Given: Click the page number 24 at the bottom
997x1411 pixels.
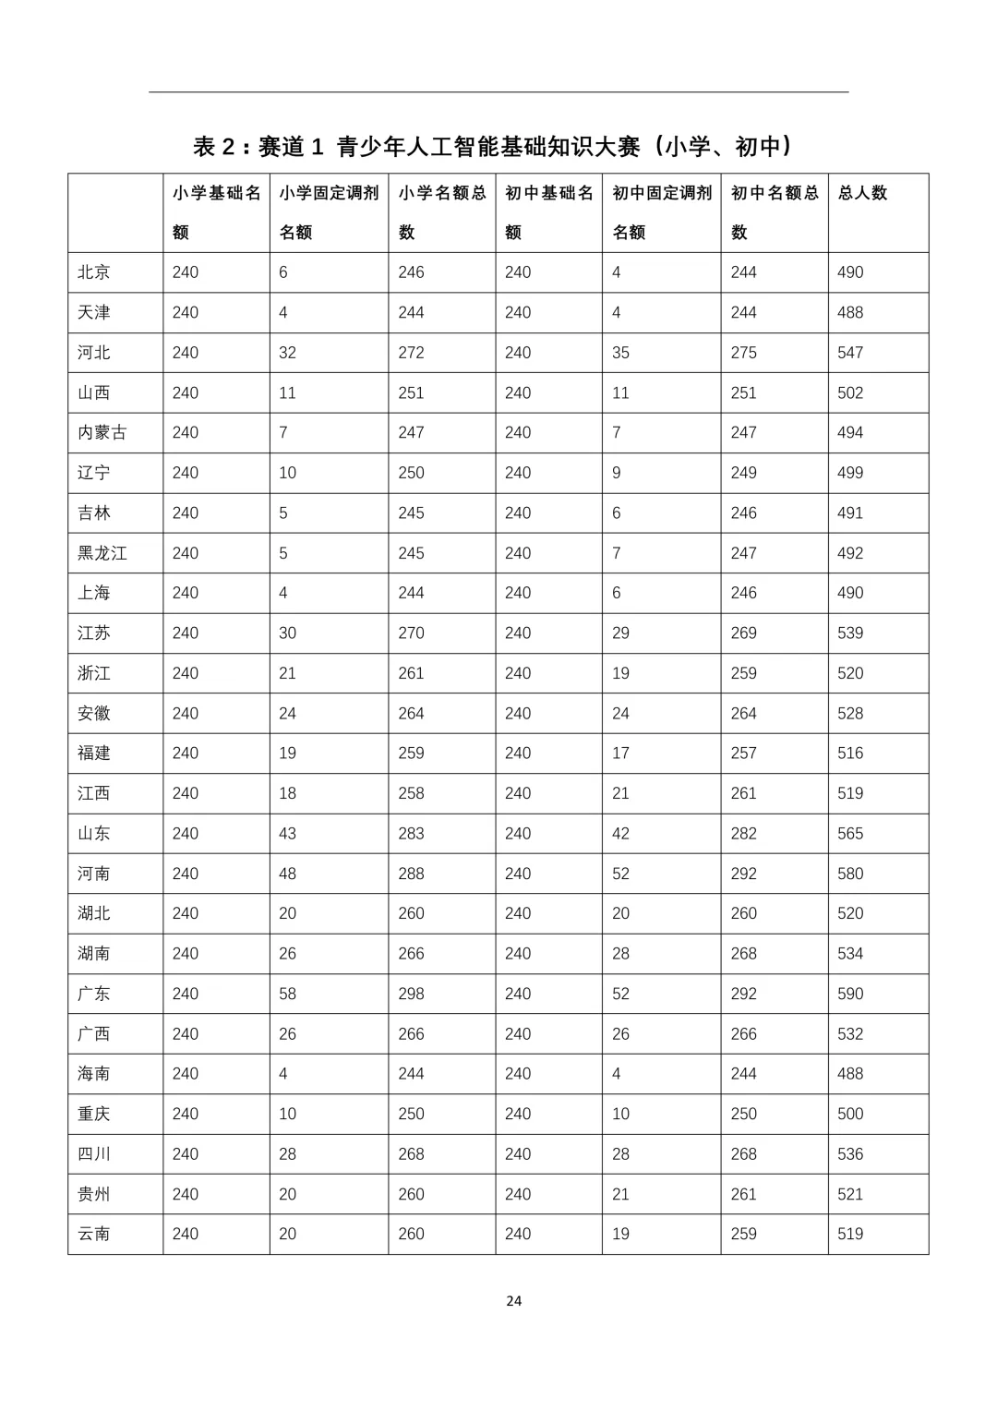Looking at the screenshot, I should pyautogui.click(x=514, y=1300).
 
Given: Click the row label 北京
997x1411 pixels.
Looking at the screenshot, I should pyautogui.click(x=94, y=272).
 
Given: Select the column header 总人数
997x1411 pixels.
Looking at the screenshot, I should pyautogui.click(x=862, y=193).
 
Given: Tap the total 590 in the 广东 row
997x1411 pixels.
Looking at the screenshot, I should pyautogui.click(x=850, y=994).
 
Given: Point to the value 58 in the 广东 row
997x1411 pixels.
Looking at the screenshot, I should pyautogui.click(x=287, y=994).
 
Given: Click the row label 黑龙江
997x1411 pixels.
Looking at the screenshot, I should pyautogui.click(x=102, y=553).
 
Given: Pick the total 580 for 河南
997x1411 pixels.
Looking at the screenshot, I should pyautogui.click(x=850, y=874).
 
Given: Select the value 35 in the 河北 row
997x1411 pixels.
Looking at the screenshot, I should pyautogui.click(x=620, y=353).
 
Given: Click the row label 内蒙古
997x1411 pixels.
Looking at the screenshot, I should pyautogui.click(x=102, y=432).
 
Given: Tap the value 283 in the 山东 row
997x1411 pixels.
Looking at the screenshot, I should pyautogui.click(x=411, y=833).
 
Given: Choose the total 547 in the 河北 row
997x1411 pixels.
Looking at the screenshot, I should pyautogui.click(x=850, y=353).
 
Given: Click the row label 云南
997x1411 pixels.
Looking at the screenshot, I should pyautogui.click(x=94, y=1234).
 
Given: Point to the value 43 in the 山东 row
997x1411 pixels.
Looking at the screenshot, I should pyautogui.click(x=287, y=833).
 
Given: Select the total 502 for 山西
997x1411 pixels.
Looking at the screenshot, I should pyautogui.click(x=850, y=392).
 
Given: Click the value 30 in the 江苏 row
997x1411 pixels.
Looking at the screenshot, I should pyautogui.click(x=287, y=633).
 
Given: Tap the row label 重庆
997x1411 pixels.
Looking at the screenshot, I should pyautogui.click(x=94, y=1114).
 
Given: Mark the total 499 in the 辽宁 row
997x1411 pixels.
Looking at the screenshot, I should pyautogui.click(x=850, y=473).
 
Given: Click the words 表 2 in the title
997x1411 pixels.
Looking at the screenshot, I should pyautogui.click(x=216, y=146).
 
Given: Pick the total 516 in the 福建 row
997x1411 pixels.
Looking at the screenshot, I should pyautogui.click(x=850, y=753).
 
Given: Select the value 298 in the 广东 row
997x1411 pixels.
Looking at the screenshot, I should pyautogui.click(x=411, y=994).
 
